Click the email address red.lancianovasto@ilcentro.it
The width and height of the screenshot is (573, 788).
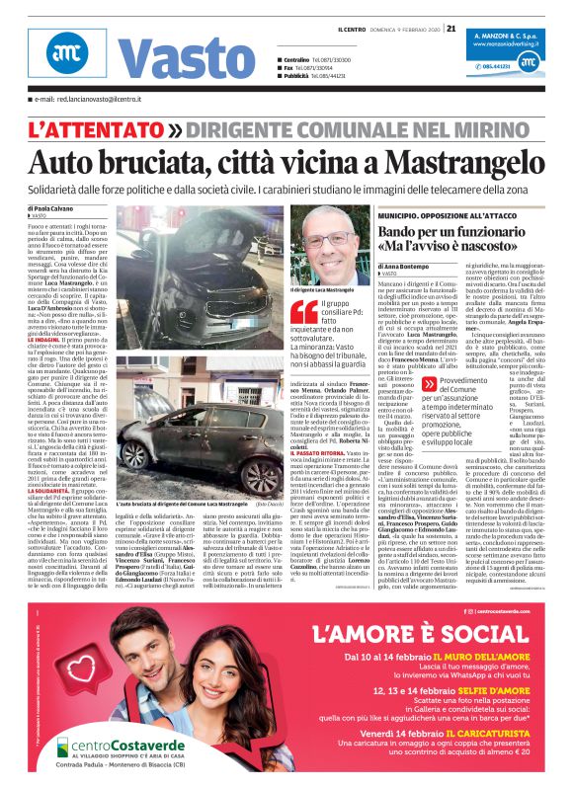click(89, 100)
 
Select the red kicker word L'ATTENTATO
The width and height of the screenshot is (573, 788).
click(95, 128)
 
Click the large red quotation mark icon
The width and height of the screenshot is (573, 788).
click(300, 312)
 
